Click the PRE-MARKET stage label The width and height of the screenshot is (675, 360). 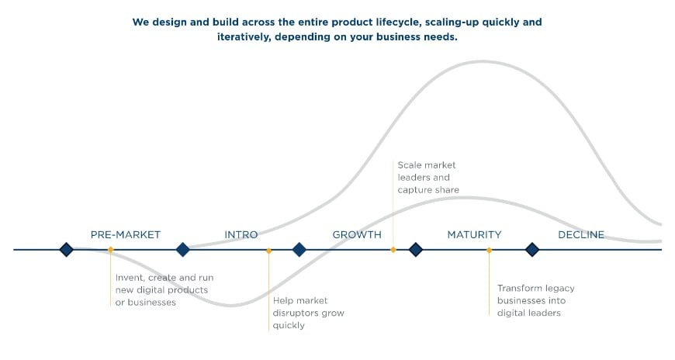(x=125, y=234)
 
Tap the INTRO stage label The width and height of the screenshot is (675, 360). (x=241, y=234)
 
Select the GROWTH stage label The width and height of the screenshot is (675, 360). (x=357, y=234)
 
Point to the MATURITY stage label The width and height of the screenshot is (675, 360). (x=474, y=234)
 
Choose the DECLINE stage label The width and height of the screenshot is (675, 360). (x=581, y=234)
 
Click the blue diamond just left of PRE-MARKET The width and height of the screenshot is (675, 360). (x=66, y=249)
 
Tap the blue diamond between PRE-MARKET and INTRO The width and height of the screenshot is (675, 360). (x=182, y=249)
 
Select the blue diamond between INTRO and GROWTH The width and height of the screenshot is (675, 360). (x=299, y=249)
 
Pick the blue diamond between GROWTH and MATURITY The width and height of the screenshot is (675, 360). (x=415, y=249)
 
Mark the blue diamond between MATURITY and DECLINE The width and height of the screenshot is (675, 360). (x=532, y=249)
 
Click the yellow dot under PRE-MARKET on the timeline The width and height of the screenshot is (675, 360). (x=111, y=250)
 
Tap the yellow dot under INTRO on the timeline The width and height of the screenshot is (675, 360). (x=268, y=251)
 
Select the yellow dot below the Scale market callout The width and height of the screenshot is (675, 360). (x=393, y=250)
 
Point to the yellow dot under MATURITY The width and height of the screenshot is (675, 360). (x=489, y=250)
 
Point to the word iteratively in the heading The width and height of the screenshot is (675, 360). (x=244, y=37)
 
